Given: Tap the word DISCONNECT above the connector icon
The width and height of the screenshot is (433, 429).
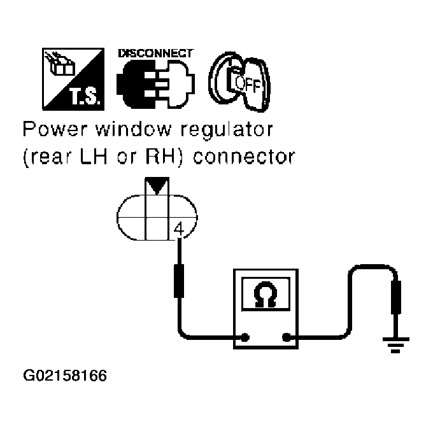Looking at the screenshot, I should click(x=155, y=54).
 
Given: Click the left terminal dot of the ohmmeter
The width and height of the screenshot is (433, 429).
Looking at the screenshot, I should click(x=244, y=337).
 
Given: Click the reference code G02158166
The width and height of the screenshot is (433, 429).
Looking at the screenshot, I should click(x=64, y=375).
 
